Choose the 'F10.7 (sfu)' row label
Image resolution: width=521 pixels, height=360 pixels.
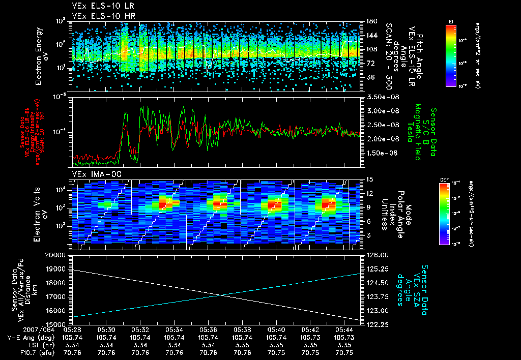click(24, 352)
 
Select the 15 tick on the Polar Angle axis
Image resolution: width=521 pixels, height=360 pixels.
click(368, 179)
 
